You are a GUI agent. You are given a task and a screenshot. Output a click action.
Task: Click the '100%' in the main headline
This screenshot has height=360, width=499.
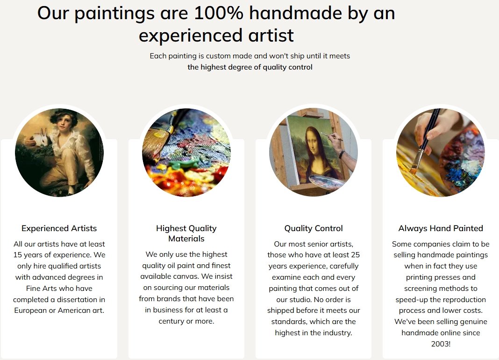pyautogui.click(x=218, y=13)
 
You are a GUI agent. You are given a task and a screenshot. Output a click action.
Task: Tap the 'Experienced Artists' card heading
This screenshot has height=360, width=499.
pyautogui.click(x=59, y=228)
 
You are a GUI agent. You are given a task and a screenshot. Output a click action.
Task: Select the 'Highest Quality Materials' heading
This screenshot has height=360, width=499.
pyautogui.click(x=186, y=233)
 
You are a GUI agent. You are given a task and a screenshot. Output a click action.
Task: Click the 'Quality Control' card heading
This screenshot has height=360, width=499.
pyautogui.click(x=314, y=228)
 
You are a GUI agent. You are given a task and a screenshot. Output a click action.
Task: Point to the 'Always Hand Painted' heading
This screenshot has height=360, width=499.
pyautogui.click(x=441, y=228)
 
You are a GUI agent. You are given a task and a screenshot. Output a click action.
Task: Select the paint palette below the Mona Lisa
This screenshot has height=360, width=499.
pyautogui.click(x=326, y=182)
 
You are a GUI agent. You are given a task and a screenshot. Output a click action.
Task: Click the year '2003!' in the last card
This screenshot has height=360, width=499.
pyautogui.click(x=441, y=344)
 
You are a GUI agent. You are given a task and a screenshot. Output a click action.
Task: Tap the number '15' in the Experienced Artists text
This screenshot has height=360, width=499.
pyautogui.click(x=17, y=255)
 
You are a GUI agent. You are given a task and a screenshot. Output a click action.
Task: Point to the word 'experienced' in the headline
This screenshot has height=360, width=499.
pyautogui.click(x=191, y=35)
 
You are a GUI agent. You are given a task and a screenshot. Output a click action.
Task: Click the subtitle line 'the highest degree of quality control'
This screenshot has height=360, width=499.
pyautogui.click(x=250, y=67)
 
